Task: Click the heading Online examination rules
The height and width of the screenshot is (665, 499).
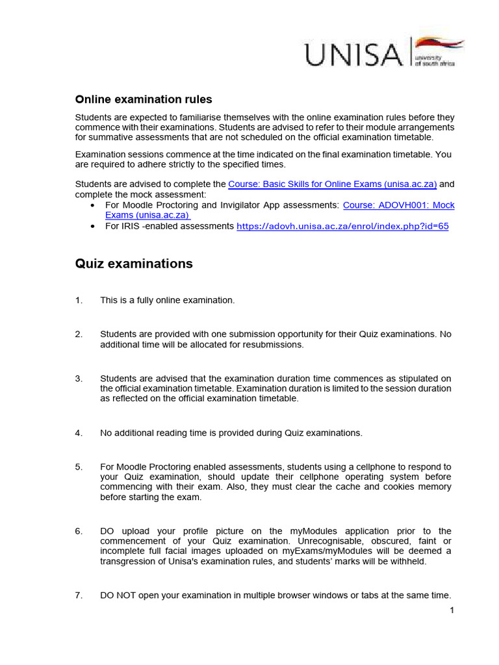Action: click(144, 99)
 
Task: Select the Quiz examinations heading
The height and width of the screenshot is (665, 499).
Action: click(134, 263)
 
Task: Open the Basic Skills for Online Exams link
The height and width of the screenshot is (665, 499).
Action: click(332, 184)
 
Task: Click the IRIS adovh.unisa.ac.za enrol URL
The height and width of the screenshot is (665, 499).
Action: click(342, 226)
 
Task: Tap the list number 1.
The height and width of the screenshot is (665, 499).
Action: click(79, 300)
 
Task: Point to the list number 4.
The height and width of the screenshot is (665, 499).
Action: click(79, 433)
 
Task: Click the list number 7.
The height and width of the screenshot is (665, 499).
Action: click(79, 596)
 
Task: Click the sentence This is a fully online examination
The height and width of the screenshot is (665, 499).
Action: click(167, 300)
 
